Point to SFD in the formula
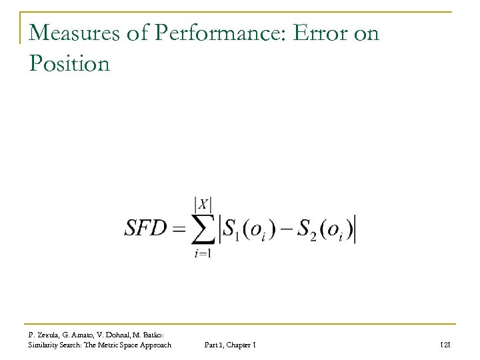[x=147, y=230]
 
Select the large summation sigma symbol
[x=199, y=230]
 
